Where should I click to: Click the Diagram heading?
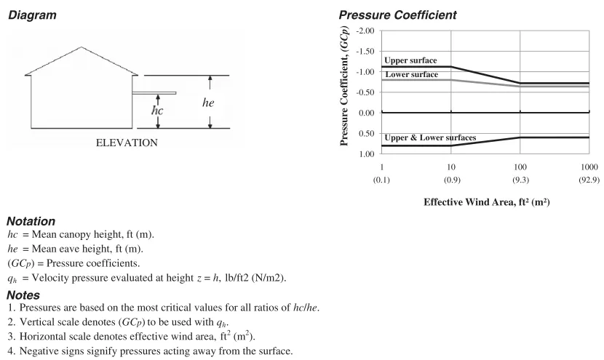click(32, 15)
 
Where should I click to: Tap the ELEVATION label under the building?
click(127, 143)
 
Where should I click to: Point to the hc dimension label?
click(157, 111)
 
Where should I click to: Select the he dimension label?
click(208, 103)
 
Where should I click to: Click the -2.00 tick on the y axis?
click(364, 31)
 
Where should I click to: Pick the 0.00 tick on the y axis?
click(365, 113)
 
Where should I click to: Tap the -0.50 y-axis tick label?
click(364, 92)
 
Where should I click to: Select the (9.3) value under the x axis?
click(520, 178)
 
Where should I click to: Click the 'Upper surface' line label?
click(409, 60)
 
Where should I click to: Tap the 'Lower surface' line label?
click(411, 74)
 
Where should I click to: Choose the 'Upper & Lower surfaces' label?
click(430, 137)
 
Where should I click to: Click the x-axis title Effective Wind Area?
click(486, 202)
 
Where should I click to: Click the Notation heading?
click(31, 220)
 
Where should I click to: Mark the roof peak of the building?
click(81, 47)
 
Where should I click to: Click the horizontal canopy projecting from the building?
click(155, 93)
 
